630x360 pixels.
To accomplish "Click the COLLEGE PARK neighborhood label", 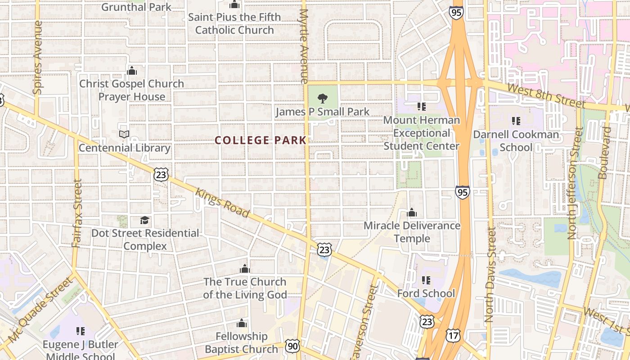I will (261, 140).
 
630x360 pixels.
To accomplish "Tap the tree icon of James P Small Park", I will (322, 98).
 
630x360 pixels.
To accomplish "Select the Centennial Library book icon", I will (124, 134).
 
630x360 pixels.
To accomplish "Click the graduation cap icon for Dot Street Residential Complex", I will (144, 220).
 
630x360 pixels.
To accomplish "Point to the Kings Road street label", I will (222, 202).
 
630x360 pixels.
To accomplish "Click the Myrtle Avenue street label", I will (304, 45).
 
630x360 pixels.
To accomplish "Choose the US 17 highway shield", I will (453, 335).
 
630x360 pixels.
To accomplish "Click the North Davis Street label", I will (490, 274).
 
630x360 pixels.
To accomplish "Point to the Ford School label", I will (426, 293).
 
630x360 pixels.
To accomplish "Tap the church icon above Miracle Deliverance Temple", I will (412, 212).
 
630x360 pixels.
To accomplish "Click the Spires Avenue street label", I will (38, 58).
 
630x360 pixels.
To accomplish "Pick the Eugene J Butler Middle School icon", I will (81, 331).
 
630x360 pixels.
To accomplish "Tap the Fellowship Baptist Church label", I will (241, 342).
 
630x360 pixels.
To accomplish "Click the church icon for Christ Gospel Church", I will (132, 71).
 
